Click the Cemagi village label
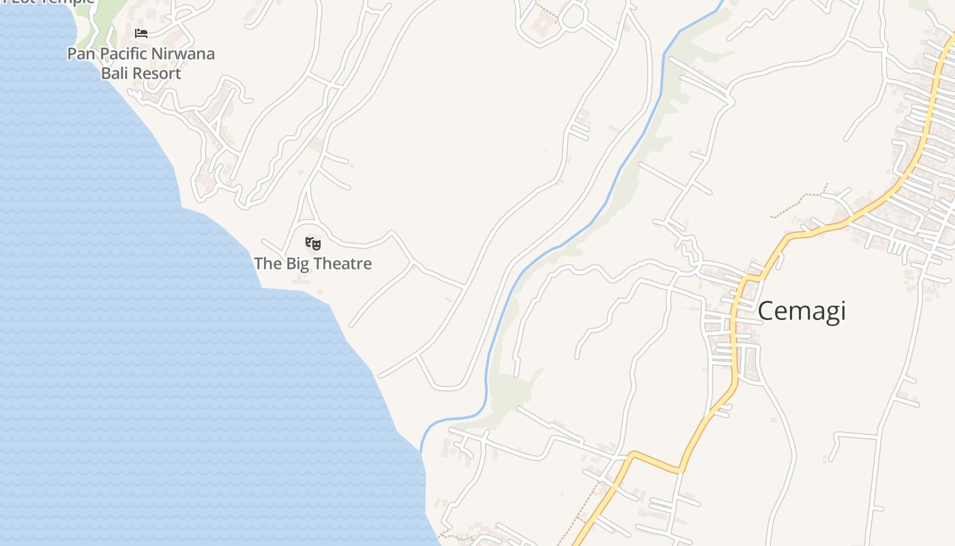802,311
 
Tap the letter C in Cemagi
767,311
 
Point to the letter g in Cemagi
823,314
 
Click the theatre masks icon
313,242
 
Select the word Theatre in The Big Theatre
342,263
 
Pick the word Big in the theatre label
298,263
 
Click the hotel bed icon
141,33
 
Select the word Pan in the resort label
81,53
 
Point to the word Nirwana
183,53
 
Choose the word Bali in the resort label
115,73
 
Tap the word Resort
157,73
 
